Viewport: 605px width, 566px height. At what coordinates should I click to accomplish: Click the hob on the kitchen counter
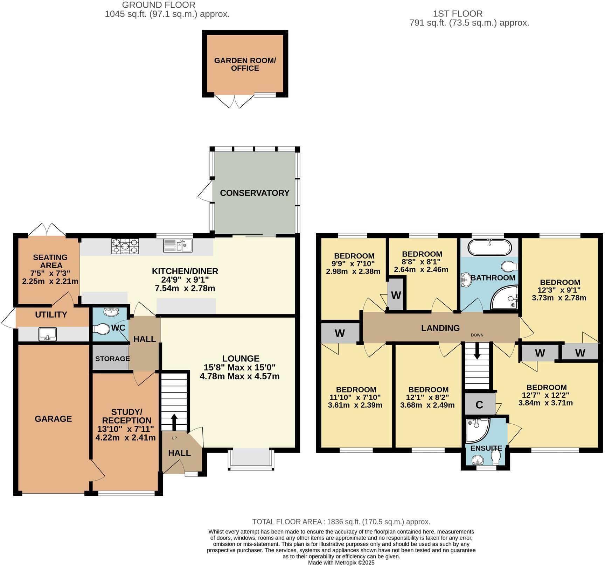pos(125,246)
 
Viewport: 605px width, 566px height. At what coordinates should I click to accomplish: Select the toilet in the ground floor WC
pos(101,329)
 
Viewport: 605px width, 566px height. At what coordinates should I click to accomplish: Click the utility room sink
pos(47,334)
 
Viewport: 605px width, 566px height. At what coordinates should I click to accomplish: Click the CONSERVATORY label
pos(255,193)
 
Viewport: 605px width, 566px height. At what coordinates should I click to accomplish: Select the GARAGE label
pos(53,419)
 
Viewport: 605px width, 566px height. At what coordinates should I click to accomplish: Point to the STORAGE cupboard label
pos(112,359)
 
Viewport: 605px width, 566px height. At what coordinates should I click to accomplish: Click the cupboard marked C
pos(479,405)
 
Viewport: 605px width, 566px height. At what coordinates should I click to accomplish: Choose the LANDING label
pos(440,328)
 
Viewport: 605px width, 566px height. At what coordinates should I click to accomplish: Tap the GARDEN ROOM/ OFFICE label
pos(245,64)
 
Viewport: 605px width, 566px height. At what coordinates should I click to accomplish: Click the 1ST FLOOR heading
pos(458,14)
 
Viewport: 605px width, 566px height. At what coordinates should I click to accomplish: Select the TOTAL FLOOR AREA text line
pos(341,522)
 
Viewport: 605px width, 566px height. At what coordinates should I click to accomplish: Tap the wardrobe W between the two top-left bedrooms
pos(396,295)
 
